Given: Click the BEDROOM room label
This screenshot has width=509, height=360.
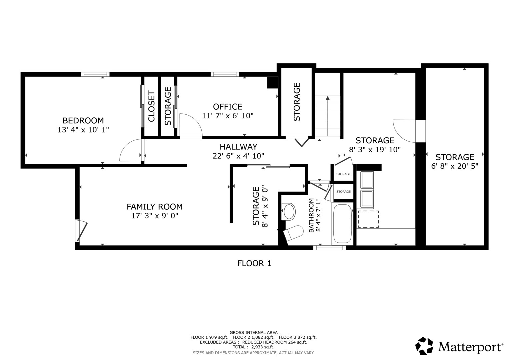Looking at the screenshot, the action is click(83, 120).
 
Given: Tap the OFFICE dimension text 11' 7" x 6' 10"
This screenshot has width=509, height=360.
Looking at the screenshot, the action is click(228, 116).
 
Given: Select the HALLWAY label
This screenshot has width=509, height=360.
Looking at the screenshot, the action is click(238, 147).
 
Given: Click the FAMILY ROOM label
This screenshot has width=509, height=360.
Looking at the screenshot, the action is click(155, 207).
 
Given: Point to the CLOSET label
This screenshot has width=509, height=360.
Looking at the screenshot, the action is click(151, 106).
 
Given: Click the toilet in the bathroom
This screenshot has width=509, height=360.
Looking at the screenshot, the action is click(294, 233).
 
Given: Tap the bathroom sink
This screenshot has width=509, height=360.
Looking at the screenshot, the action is click(289, 212).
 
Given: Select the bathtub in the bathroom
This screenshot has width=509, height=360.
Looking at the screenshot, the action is click(342, 224).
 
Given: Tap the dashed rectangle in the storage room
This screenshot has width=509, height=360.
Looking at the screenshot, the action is click(368, 219).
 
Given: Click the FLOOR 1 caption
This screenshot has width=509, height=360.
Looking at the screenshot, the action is click(254, 263).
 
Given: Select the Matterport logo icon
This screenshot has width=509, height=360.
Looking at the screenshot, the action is click(424, 346).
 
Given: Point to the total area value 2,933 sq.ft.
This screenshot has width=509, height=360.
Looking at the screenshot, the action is click(263, 347).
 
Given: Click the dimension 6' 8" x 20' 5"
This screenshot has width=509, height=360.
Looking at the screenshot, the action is click(455, 166).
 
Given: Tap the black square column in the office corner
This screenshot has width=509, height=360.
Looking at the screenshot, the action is click(272, 82).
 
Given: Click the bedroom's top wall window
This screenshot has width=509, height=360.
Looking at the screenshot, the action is click(95, 74).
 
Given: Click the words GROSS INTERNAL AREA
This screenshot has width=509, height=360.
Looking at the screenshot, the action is click(254, 333).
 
